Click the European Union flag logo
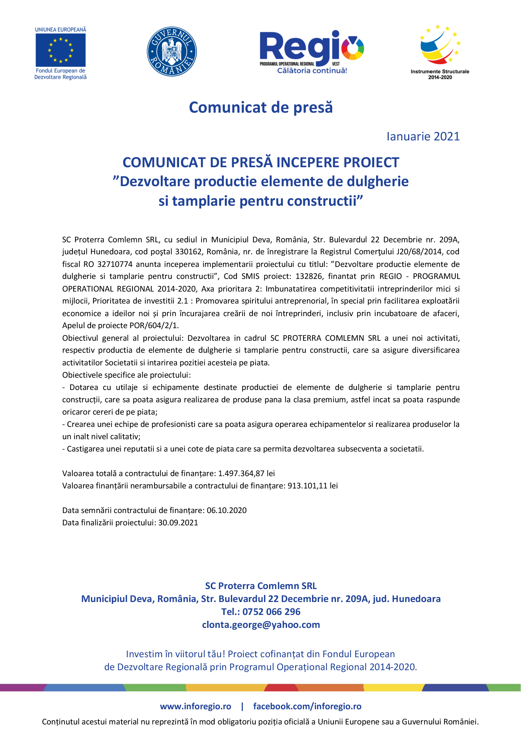coord(60,50)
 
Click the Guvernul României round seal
coord(172,51)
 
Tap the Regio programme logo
coord(312,51)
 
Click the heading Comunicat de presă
coord(261,107)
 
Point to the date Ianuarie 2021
coord(423,136)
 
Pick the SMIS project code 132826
coord(309,276)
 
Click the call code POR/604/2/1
coord(154,326)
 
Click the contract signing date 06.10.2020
coord(226,511)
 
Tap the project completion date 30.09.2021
coord(178,523)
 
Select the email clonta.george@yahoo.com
coord(261,624)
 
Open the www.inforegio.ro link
coord(195,706)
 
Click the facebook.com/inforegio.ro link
coord(307,706)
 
